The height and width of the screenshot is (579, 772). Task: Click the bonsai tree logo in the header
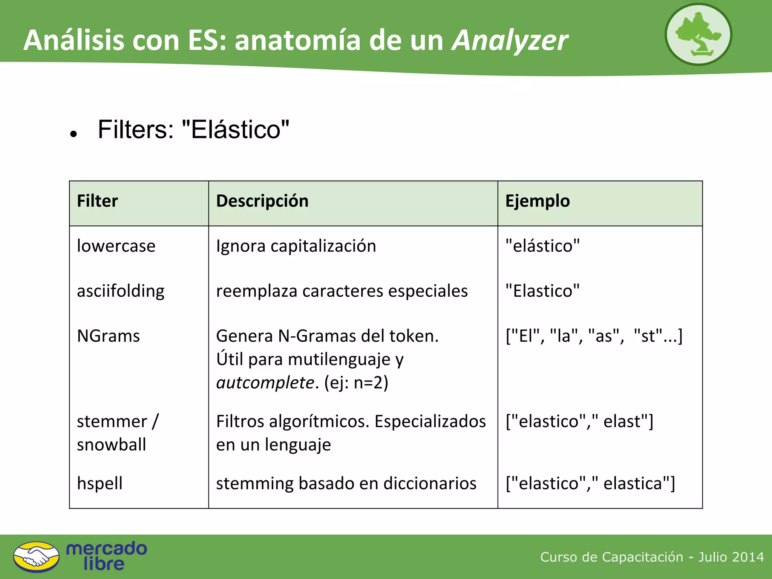(x=698, y=35)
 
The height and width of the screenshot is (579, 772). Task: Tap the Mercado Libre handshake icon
(x=36, y=557)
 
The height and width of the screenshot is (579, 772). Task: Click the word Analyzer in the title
(x=510, y=40)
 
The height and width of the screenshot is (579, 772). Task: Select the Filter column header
(x=97, y=201)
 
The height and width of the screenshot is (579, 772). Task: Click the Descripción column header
(x=262, y=201)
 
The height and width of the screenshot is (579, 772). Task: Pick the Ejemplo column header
(x=537, y=201)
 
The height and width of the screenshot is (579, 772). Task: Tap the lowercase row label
(x=116, y=246)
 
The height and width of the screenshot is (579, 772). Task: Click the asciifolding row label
(x=121, y=291)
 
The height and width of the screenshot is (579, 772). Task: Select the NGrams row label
(x=108, y=336)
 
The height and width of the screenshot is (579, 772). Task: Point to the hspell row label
(x=100, y=483)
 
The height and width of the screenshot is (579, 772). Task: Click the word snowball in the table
(x=111, y=445)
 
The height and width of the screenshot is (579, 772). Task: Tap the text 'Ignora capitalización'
(x=296, y=246)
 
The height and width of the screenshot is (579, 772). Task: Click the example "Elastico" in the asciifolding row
(x=542, y=291)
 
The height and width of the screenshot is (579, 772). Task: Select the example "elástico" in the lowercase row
(x=542, y=246)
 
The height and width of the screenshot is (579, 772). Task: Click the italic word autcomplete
(x=265, y=383)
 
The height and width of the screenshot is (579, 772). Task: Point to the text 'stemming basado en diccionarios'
(x=346, y=483)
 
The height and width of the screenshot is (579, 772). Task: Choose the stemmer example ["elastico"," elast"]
(x=579, y=421)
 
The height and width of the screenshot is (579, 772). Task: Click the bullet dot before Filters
(x=74, y=134)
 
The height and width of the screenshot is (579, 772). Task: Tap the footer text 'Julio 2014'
(x=731, y=557)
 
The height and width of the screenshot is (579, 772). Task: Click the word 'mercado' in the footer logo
(x=107, y=549)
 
